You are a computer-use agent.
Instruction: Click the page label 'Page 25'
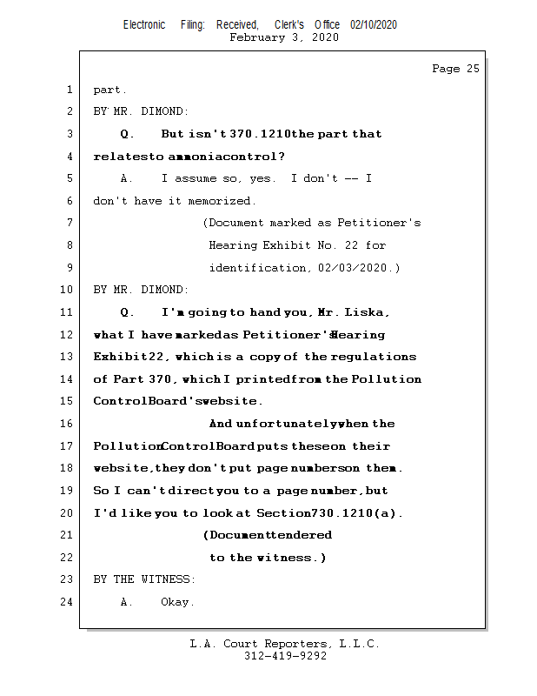click(455, 69)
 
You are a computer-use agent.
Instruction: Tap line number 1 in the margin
click(69, 90)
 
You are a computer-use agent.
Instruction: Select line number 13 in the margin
click(66, 357)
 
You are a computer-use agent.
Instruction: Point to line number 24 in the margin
click(66, 602)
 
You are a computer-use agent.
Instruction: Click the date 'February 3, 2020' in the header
click(284, 37)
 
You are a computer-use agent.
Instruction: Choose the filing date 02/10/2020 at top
click(374, 25)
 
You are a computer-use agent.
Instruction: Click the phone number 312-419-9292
click(285, 656)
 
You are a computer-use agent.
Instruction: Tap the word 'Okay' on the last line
click(177, 602)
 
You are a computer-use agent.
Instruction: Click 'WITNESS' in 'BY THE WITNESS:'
click(167, 579)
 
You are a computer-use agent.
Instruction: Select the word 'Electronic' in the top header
click(144, 25)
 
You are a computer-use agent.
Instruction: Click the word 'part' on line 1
click(109, 90)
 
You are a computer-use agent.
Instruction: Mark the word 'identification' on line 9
click(257, 268)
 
